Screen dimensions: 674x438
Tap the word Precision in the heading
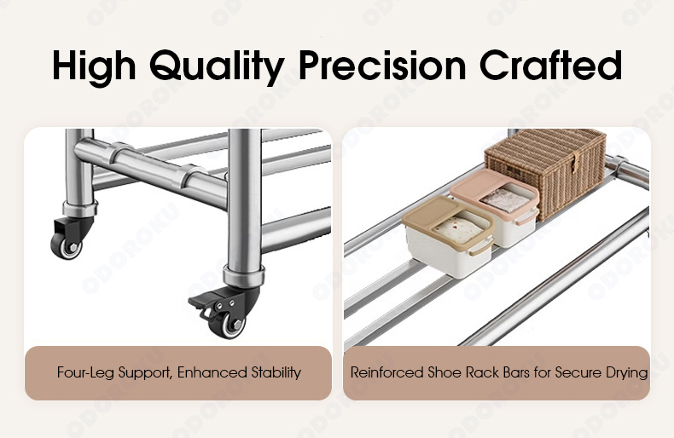tap(382, 66)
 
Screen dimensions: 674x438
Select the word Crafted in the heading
tap(550, 66)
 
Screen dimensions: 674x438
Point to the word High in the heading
tap(94, 68)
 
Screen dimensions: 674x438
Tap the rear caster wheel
tap(67, 246)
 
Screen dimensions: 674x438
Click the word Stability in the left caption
tap(276, 372)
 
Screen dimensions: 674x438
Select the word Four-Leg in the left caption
tap(85, 372)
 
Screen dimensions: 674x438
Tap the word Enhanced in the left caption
tap(212, 372)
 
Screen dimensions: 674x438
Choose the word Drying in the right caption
tap(626, 372)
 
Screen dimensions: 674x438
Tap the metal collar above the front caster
tap(244, 277)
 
